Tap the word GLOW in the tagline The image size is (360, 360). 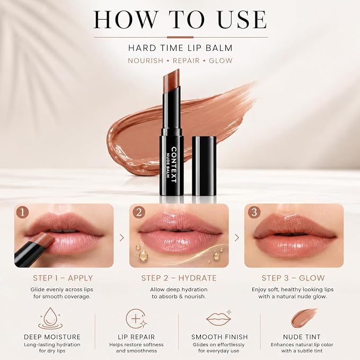(221, 60)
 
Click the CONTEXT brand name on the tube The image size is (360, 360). (174, 165)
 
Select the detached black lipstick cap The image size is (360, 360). (204, 166)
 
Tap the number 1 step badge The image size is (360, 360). (22, 212)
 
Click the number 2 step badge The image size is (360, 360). (139, 212)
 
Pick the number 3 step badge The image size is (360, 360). (254, 212)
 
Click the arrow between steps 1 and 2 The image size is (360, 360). (122, 238)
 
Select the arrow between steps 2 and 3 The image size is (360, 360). (236, 238)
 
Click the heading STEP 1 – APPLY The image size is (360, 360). (63, 278)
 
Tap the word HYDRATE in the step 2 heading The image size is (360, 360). (197, 278)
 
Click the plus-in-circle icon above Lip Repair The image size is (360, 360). (136, 319)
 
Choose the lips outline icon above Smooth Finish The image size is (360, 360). (218, 318)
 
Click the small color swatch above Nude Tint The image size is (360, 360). (303, 318)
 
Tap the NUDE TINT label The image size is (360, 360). (302, 337)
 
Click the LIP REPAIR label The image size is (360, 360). (136, 337)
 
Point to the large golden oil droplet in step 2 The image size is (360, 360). (143, 256)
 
